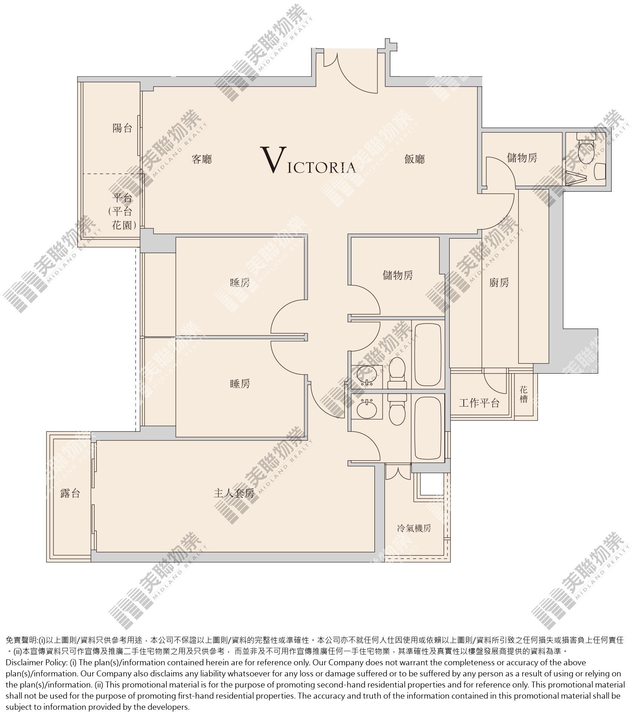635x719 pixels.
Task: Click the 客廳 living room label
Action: [x=202, y=159]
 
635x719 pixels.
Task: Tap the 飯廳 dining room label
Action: [x=414, y=159]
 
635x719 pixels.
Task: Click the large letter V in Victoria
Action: [x=274, y=160]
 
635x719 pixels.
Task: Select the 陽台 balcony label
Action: [x=122, y=128]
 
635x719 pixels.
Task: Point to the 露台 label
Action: [x=70, y=493]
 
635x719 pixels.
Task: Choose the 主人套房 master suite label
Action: [x=234, y=493]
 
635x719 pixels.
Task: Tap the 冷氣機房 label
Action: [x=414, y=528]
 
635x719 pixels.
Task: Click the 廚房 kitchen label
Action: [x=499, y=283]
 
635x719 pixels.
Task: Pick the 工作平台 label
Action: [x=479, y=403]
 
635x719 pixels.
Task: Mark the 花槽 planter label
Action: [x=523, y=394]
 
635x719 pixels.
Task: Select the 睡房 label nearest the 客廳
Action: [x=240, y=283]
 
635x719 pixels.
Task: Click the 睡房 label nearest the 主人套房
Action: [x=240, y=384]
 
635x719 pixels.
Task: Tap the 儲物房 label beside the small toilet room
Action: [x=522, y=158]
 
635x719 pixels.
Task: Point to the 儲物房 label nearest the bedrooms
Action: [x=398, y=275]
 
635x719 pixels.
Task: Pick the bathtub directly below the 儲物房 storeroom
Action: [x=428, y=355]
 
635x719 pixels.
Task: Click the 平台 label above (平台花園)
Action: [x=122, y=198]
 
